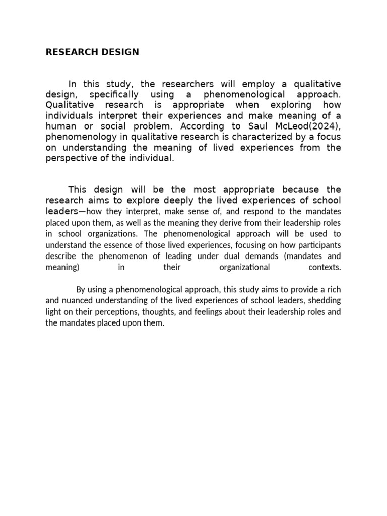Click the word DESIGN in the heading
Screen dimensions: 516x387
click(120, 52)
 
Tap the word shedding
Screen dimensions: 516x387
click(325, 301)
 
